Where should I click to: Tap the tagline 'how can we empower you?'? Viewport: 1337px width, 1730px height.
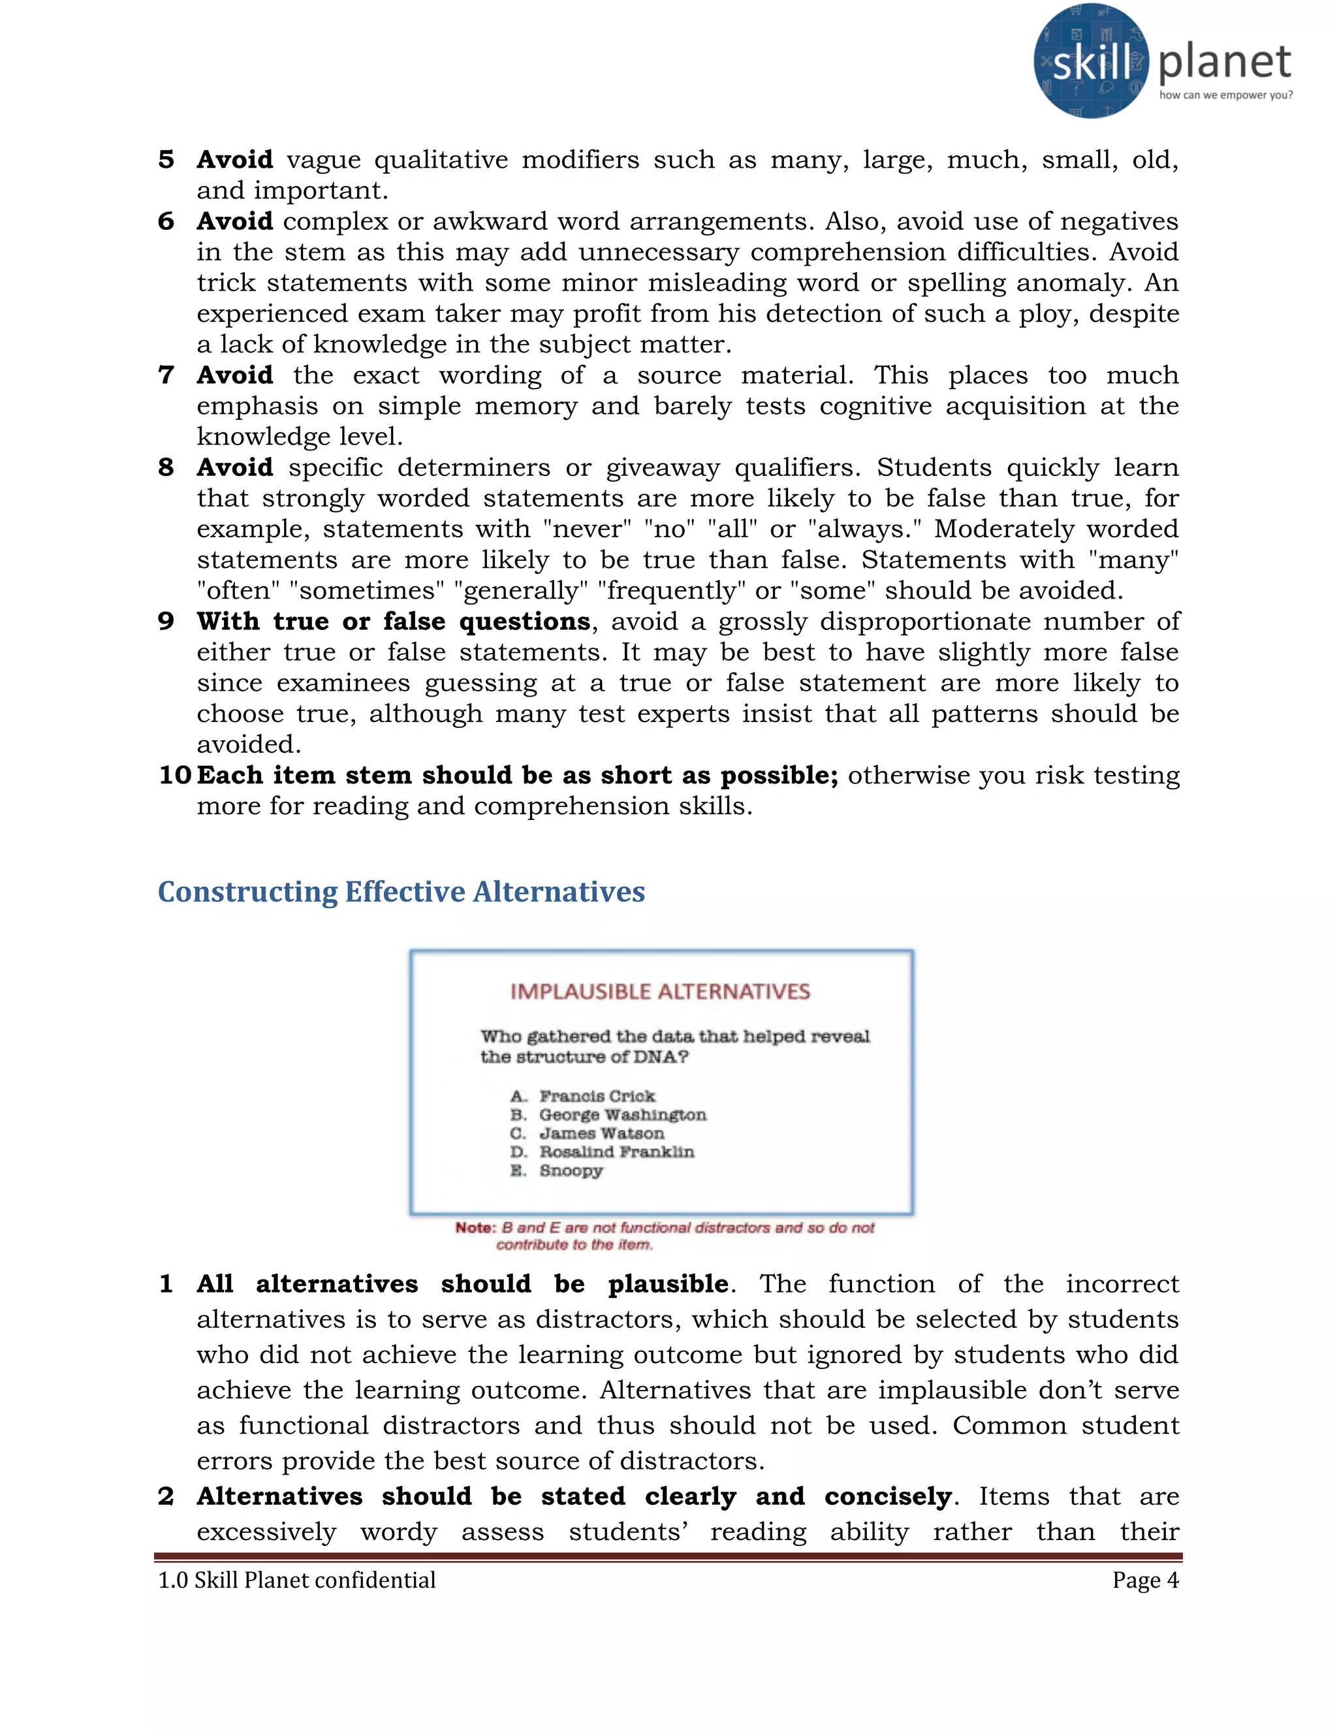(x=1225, y=95)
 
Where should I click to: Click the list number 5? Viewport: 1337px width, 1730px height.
(x=166, y=159)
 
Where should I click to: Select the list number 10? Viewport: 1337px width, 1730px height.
(x=175, y=775)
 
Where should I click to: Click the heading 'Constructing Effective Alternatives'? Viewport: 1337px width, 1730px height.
(x=401, y=892)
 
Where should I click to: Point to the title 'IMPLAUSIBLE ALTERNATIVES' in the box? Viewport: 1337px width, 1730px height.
(x=660, y=992)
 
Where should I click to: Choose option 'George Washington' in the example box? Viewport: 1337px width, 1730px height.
(x=623, y=1114)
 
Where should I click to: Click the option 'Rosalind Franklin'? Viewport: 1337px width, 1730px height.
(x=616, y=1152)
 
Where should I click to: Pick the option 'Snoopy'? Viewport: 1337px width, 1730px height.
(x=571, y=1171)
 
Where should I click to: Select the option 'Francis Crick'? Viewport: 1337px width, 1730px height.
(x=597, y=1096)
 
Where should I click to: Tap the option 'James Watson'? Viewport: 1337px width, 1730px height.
(x=602, y=1133)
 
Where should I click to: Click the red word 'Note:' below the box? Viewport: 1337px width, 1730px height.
(x=475, y=1228)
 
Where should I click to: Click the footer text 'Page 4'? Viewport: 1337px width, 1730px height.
(x=1144, y=1581)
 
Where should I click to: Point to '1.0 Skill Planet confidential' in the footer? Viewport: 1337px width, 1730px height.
(x=297, y=1581)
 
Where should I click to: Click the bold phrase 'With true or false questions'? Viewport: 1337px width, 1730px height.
(x=394, y=621)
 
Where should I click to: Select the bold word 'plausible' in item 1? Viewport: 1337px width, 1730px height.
(x=668, y=1283)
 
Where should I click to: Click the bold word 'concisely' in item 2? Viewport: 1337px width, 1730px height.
(x=888, y=1496)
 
